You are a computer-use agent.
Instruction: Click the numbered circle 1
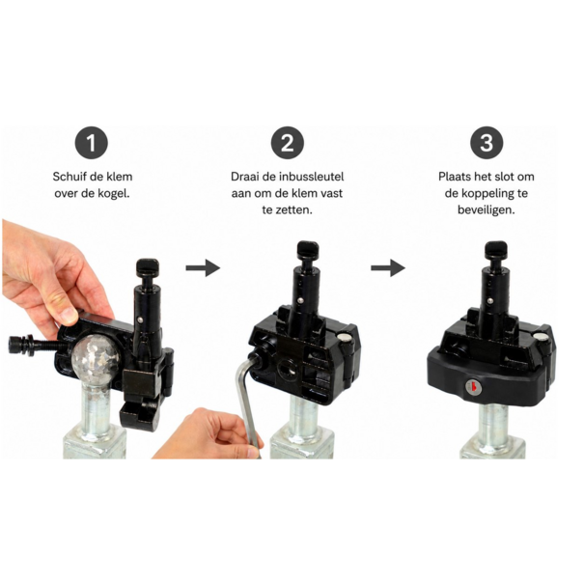click(x=92, y=143)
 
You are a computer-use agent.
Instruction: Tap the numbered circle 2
click(x=287, y=143)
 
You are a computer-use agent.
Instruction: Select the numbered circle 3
click(x=487, y=143)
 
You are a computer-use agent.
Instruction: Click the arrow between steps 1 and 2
click(x=203, y=267)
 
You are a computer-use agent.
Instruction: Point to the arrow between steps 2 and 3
click(x=388, y=267)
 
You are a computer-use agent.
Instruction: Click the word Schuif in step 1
click(x=70, y=177)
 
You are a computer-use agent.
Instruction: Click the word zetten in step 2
click(x=293, y=210)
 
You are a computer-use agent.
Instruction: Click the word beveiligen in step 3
click(x=487, y=210)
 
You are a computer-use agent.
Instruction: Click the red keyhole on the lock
click(x=473, y=387)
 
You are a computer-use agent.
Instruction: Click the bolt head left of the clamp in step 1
click(x=15, y=345)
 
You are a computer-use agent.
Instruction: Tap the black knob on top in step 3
click(x=496, y=251)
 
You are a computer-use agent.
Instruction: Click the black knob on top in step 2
click(x=308, y=251)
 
